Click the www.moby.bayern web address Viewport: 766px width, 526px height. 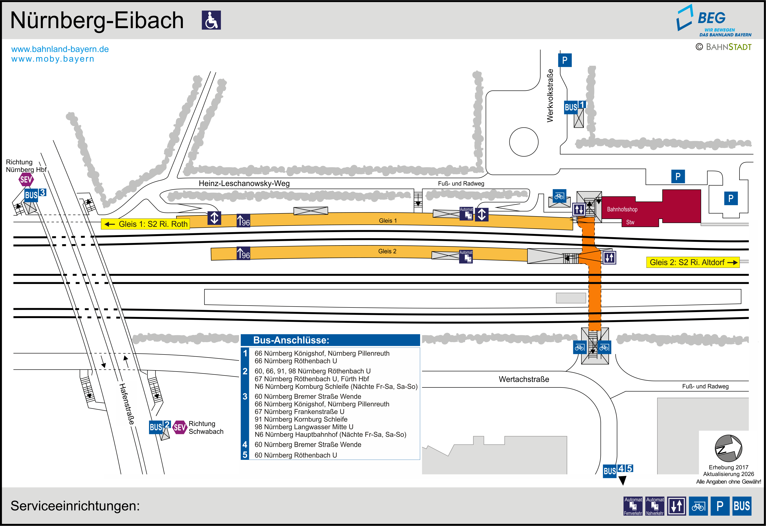coord(53,59)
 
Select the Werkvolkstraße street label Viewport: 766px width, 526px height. coord(550,96)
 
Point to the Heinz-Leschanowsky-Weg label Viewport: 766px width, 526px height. coord(244,183)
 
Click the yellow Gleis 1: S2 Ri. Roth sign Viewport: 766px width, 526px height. coord(145,224)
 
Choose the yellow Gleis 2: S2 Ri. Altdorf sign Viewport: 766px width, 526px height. coord(692,262)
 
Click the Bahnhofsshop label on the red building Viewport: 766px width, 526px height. coord(622,209)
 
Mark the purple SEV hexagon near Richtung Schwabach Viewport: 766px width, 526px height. coord(180,427)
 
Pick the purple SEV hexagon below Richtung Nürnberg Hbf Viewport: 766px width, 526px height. coord(26,180)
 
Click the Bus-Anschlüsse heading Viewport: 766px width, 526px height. coord(291,340)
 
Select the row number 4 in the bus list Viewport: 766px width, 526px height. coord(245,445)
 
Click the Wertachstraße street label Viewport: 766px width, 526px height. coord(524,379)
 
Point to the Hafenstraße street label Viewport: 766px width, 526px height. coord(127,404)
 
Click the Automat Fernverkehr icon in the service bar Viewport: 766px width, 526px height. coord(633,506)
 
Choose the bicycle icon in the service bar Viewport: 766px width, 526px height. coord(698,506)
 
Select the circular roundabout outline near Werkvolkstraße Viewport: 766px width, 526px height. coord(524,142)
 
